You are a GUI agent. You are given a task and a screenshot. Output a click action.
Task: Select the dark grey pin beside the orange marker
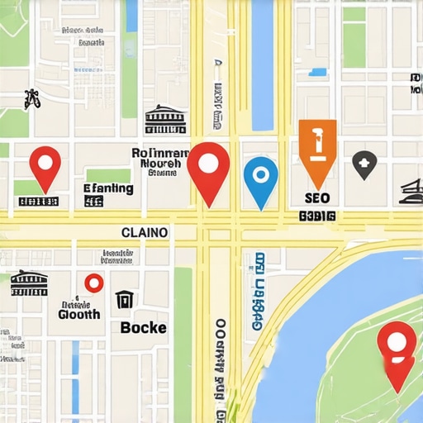pos(364,164)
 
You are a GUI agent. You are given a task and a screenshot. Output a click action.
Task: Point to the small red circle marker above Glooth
pos(93,283)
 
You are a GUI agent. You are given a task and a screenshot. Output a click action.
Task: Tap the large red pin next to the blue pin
pos(208,169)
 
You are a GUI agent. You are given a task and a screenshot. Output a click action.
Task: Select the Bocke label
pos(143,327)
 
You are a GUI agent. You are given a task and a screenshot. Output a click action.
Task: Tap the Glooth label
pos(79,314)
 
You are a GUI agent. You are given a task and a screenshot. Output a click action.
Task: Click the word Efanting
pos(108,188)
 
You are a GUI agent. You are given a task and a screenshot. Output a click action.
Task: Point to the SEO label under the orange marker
pos(317,198)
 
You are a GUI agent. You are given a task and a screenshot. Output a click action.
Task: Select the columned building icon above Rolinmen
pos(165,121)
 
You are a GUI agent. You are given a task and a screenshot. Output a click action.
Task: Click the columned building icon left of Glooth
pos(29,283)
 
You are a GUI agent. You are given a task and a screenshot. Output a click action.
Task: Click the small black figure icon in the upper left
pos(32,99)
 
